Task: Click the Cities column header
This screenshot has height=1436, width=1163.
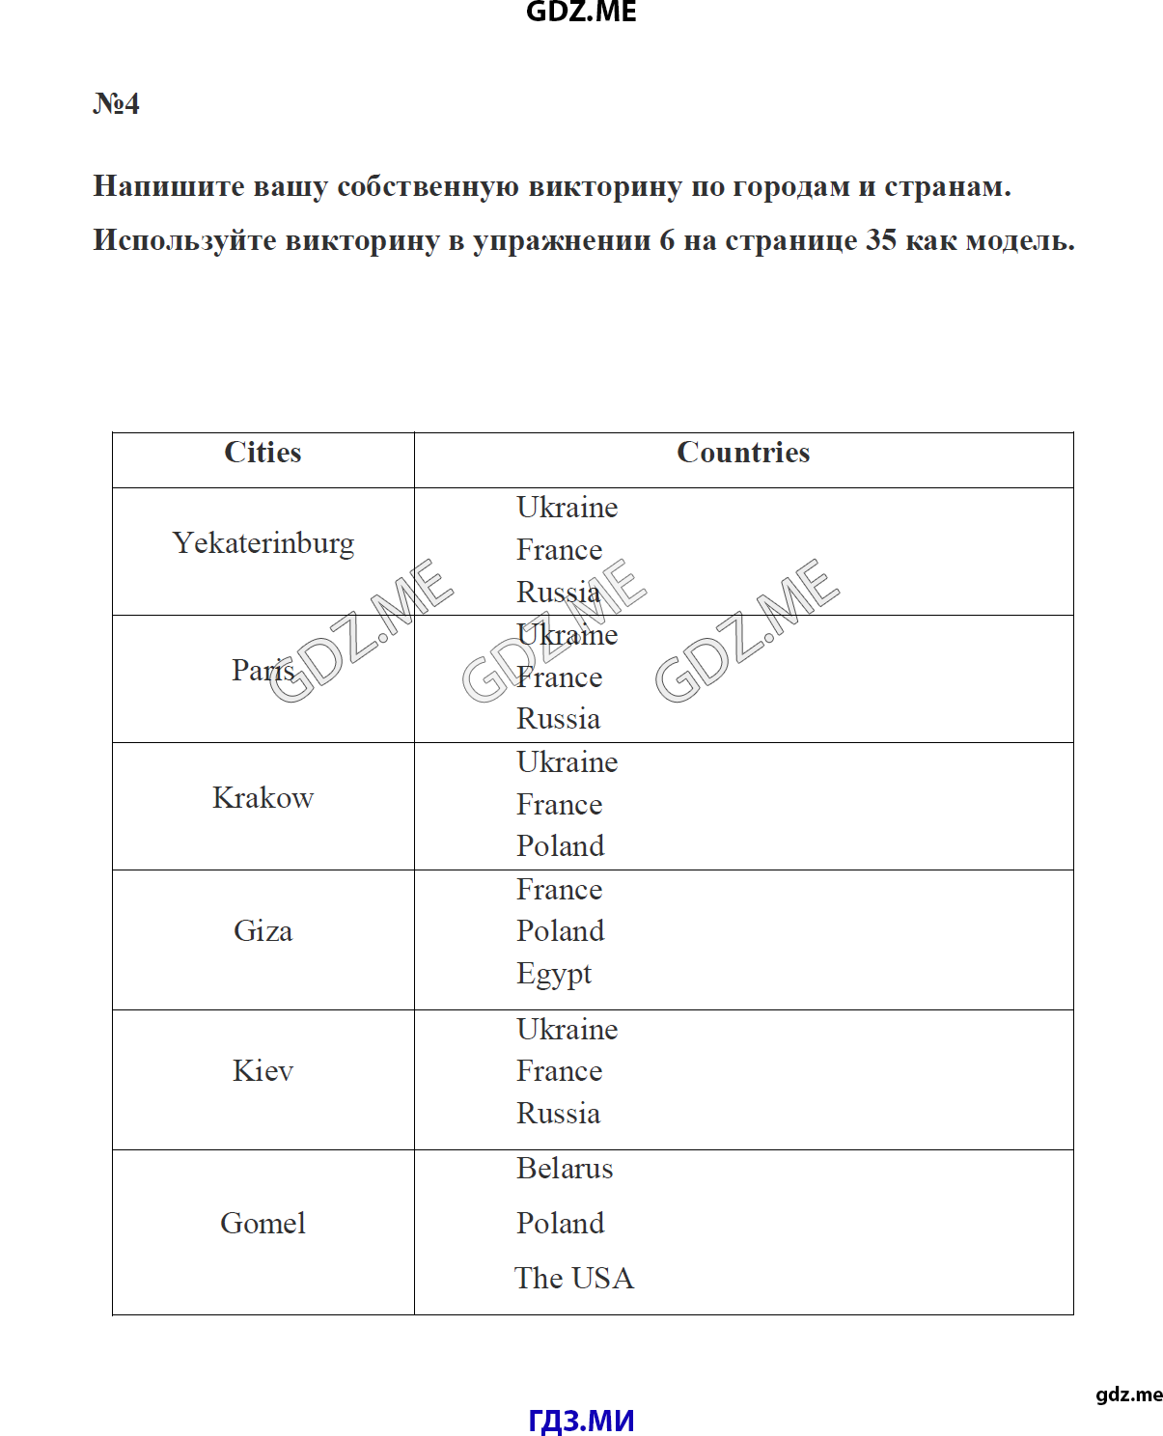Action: point(263,453)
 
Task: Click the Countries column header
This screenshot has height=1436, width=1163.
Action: point(743,453)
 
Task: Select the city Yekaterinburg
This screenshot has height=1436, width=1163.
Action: point(263,543)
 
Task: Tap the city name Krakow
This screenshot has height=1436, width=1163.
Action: point(263,798)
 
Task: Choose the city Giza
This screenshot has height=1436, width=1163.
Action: point(263,931)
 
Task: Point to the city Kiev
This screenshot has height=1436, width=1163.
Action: point(263,1071)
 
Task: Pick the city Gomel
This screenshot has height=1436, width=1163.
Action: point(263,1224)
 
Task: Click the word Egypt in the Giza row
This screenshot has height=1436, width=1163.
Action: point(554,974)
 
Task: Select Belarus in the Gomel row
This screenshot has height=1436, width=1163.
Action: point(565,1169)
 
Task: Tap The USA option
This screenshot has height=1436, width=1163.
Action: point(574,1279)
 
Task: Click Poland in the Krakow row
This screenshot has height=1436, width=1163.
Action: point(560,846)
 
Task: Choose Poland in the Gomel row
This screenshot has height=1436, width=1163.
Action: point(560,1224)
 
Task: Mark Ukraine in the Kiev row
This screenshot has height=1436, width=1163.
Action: point(567,1030)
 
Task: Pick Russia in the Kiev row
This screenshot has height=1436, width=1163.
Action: point(558,1114)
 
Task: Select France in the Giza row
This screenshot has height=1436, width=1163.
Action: point(559,890)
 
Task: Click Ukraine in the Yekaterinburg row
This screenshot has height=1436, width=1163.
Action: point(567,508)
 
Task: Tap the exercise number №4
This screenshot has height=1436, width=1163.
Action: point(116,103)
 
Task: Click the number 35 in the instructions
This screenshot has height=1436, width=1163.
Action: point(881,240)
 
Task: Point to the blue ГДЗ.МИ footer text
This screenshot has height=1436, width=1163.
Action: point(581,1421)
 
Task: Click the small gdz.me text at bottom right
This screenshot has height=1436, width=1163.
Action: point(1128,1395)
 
